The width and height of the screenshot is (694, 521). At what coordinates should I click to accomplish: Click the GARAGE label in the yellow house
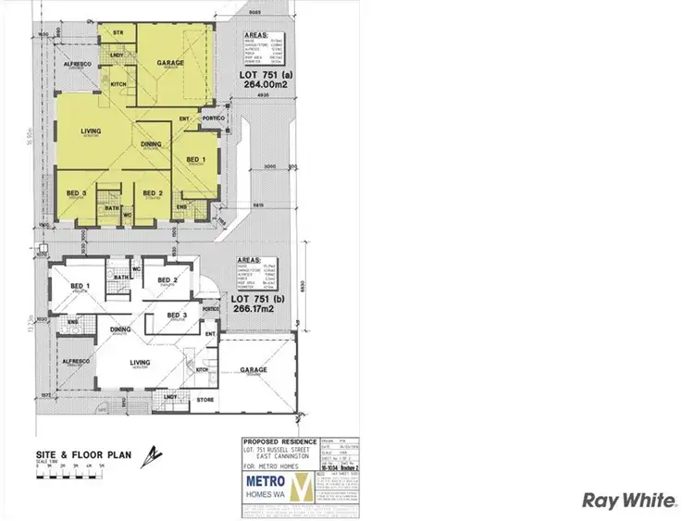coord(169,64)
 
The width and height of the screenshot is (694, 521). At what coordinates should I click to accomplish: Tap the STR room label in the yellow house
coord(118,32)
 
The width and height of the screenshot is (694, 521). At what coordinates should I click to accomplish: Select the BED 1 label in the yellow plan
coord(196,159)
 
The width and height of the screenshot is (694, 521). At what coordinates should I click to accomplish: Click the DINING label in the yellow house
coord(152,143)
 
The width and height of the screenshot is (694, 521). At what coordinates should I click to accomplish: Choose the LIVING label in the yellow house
coord(91,130)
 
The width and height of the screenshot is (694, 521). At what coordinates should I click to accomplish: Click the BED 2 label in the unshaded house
coord(167,279)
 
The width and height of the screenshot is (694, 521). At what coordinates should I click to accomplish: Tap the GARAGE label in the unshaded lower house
coord(254,369)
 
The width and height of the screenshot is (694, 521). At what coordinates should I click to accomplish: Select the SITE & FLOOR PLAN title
coord(71,454)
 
